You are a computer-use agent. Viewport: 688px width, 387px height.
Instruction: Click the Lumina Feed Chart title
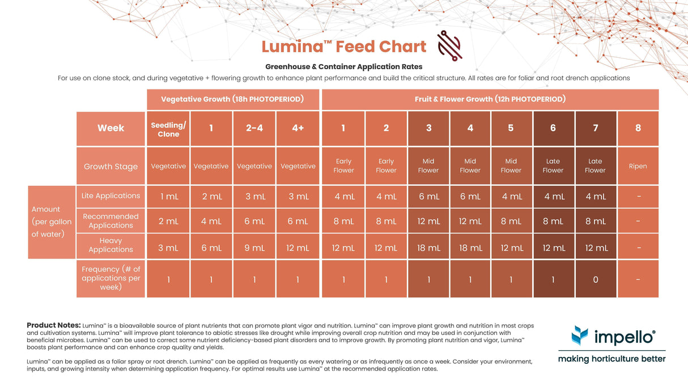tap(343, 46)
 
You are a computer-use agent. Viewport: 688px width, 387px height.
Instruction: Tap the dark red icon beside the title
tap(449, 46)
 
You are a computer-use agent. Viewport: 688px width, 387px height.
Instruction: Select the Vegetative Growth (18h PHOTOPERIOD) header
tap(232, 99)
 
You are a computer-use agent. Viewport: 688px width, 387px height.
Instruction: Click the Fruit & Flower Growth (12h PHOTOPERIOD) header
tap(490, 99)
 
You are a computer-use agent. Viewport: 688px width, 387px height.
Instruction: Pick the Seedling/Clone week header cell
tap(168, 129)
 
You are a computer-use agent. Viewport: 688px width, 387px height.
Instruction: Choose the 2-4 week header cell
tap(254, 129)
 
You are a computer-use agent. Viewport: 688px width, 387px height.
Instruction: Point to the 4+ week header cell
tap(298, 129)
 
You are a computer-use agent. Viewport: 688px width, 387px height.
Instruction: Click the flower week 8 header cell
tap(638, 129)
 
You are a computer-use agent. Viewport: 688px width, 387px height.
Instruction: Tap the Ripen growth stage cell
tap(638, 166)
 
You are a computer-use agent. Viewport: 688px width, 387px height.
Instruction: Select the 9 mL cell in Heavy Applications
tap(254, 248)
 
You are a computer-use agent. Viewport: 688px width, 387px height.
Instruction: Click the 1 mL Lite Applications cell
tap(168, 197)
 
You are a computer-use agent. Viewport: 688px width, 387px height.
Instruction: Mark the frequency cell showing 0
tap(595, 279)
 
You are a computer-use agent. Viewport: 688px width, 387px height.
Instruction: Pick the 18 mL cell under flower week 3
tap(428, 248)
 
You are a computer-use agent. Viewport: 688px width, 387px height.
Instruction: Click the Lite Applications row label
tap(111, 196)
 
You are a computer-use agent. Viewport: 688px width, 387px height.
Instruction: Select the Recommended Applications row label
tap(111, 221)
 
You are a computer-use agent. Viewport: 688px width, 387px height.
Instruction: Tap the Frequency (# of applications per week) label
tap(111, 278)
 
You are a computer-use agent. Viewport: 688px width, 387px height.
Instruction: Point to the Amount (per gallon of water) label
tap(52, 222)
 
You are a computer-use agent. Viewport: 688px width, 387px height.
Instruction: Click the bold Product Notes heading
tap(53, 325)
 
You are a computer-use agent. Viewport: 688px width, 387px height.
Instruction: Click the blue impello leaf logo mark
tap(580, 335)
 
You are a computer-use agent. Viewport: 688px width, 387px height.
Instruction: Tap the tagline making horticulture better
tap(611, 359)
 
